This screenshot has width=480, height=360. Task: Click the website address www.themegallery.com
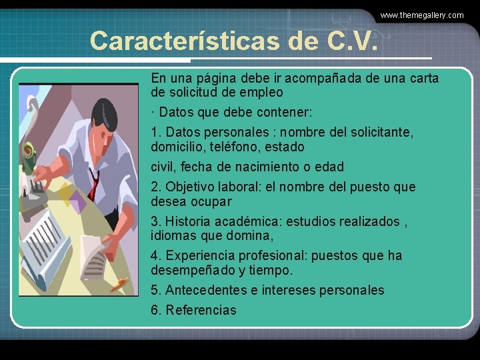421,15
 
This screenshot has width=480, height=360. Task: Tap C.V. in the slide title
353,41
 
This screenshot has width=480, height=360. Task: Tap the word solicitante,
377,132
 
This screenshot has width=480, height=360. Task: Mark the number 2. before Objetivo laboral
157,187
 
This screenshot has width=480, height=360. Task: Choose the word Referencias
201,310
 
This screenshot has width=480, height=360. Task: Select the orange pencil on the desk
119,285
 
